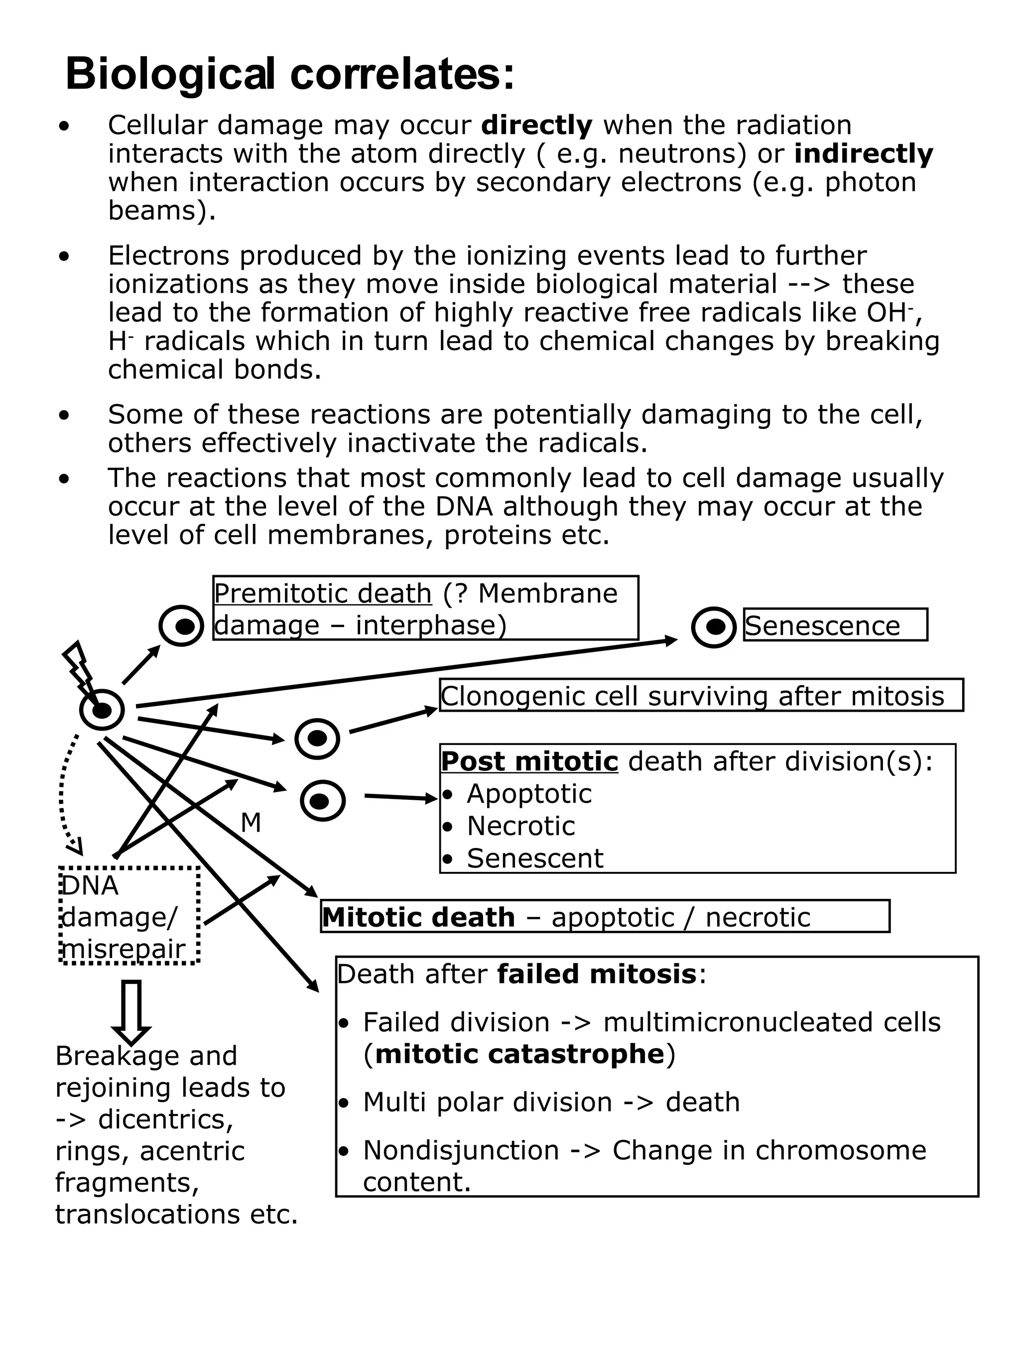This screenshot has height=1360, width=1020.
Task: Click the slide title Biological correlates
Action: click(x=289, y=74)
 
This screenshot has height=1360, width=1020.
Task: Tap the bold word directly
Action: click(x=536, y=125)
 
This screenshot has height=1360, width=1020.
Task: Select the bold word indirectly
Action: click(x=863, y=154)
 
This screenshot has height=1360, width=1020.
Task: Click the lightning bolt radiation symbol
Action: click(x=79, y=667)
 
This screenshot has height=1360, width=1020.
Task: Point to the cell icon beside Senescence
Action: click(x=713, y=627)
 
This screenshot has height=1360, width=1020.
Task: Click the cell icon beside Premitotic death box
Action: click(x=181, y=626)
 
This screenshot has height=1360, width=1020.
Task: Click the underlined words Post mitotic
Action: click(x=529, y=761)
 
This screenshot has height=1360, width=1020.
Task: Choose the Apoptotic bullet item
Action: click(x=529, y=794)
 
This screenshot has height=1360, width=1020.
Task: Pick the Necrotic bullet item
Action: click(x=521, y=826)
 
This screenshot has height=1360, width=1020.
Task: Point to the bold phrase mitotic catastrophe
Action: click(x=519, y=1054)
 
